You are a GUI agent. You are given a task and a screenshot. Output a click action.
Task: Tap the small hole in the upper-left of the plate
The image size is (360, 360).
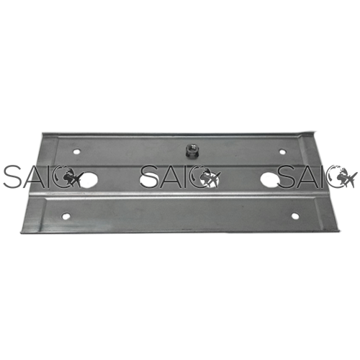(x=77, y=152)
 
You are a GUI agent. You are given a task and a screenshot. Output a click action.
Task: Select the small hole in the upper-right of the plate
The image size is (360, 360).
(x=283, y=152)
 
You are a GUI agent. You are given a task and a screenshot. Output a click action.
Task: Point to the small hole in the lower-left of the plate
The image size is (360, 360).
(x=65, y=216)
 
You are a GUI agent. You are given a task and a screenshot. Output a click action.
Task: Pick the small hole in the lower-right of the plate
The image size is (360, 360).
(x=295, y=216)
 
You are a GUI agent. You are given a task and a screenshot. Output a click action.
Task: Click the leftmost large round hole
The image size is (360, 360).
(x=89, y=180)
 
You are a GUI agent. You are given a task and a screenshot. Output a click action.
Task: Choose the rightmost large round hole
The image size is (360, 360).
(x=269, y=180)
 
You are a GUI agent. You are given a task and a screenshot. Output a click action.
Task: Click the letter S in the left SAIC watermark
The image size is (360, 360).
(x=12, y=176)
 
